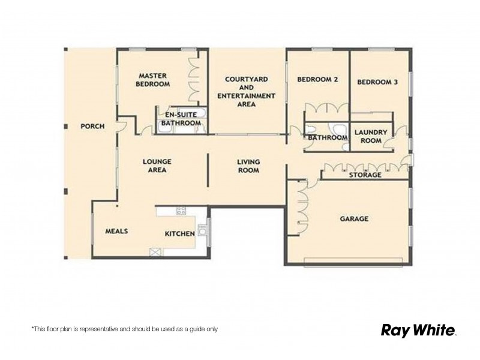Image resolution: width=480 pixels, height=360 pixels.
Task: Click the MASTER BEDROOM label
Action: point(152,80)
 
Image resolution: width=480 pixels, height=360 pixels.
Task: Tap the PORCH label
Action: point(93,127)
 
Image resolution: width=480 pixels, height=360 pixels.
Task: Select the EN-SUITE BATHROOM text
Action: point(180,118)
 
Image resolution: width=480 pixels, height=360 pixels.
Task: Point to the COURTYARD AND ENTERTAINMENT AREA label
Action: point(246,91)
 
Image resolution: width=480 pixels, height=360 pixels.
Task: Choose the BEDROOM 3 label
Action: point(377,83)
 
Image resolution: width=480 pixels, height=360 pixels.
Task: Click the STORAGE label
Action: point(365,175)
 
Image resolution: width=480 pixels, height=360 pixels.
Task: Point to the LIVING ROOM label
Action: point(248,166)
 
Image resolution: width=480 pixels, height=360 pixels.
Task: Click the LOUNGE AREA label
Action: point(158,166)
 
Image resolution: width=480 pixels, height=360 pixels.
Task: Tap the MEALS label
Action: point(117,231)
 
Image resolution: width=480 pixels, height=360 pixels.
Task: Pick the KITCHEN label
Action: point(180,233)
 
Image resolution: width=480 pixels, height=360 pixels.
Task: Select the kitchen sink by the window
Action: point(202,229)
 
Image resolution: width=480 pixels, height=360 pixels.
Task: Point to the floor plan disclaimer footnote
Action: point(124,329)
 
